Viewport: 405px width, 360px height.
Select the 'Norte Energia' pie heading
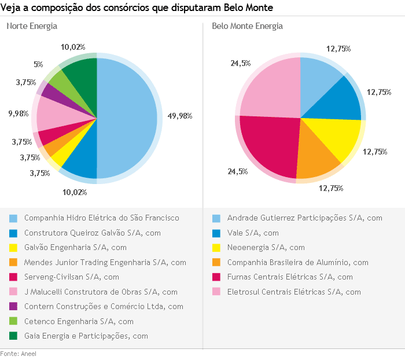pyautogui.click(x=32, y=27)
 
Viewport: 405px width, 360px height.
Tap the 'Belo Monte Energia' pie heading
pyautogui.click(x=247, y=27)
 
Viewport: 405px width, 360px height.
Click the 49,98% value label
pyautogui.click(x=179, y=116)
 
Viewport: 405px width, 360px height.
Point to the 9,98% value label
pyautogui.click(x=19, y=114)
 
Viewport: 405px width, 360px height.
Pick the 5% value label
pyautogui.click(x=38, y=65)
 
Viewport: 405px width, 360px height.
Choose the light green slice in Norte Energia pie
pyautogui.click(x=60, y=82)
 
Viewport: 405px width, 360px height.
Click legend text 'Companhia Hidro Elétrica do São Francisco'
pyautogui.click(x=102, y=218)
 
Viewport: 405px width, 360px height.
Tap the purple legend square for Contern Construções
pyautogui.click(x=13, y=307)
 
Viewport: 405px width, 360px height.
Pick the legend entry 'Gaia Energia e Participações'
pyautogui.click(x=86, y=336)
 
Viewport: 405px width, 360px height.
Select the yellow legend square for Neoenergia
pyautogui.click(x=216, y=248)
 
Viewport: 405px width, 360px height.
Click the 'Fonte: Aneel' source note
pyautogui.click(x=18, y=354)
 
